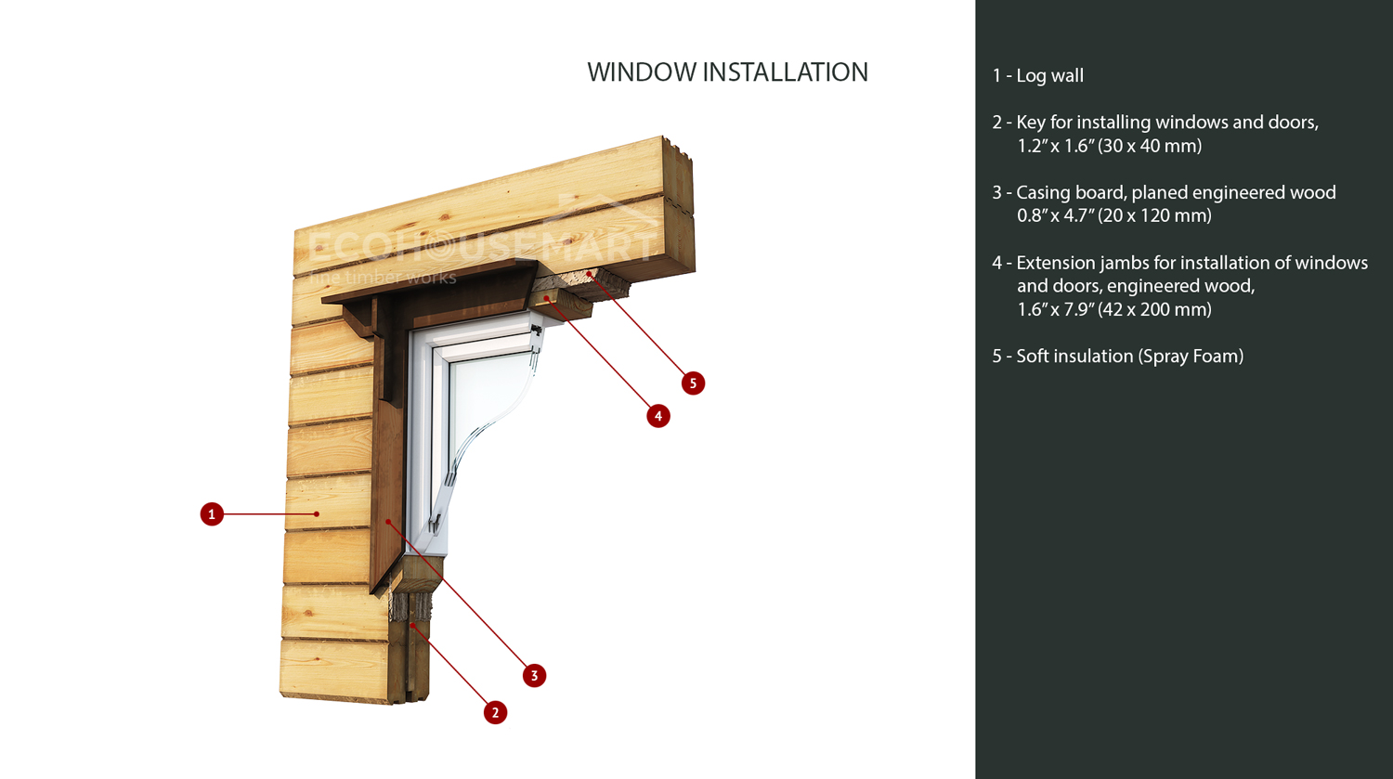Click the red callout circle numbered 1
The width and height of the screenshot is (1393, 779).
212,513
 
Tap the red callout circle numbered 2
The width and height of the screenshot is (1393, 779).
495,712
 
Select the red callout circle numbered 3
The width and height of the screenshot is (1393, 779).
534,675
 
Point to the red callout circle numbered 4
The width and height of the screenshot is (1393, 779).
658,416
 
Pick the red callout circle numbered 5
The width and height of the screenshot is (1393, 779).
693,383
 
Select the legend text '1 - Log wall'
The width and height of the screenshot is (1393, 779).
1037,76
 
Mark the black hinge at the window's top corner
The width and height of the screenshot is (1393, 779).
537,330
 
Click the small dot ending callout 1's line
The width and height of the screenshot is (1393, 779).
317,513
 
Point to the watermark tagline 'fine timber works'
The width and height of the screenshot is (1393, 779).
382,278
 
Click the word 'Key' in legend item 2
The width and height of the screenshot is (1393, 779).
1031,123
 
